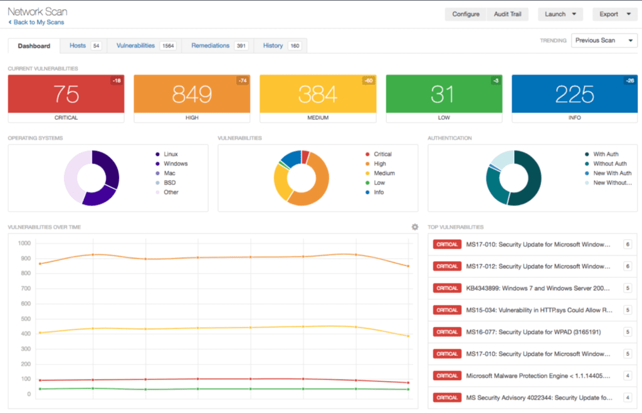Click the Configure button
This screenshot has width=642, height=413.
[465, 14]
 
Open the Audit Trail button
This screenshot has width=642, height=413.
[507, 14]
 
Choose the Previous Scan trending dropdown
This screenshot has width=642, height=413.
[604, 40]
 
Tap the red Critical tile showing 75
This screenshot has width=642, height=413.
[66, 94]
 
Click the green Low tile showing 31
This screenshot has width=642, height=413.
[444, 94]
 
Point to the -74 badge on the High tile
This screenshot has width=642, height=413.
[243, 80]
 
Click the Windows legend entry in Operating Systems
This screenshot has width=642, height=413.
[176, 164]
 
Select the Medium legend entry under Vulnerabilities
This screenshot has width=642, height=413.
[384, 173]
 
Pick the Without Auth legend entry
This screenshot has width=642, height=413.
[609, 164]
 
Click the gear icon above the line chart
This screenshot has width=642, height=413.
[414, 227]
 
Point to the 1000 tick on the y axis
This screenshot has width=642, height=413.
[24, 244]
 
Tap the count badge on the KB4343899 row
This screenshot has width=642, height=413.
[627, 288]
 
